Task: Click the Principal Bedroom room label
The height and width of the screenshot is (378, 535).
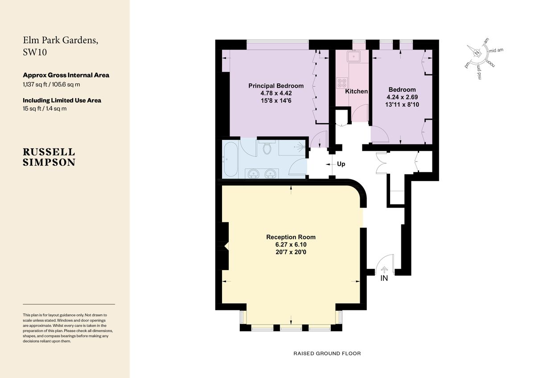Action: (276, 86)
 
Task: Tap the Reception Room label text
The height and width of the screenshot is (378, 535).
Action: (291, 237)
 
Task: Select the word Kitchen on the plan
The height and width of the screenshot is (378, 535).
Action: (357, 91)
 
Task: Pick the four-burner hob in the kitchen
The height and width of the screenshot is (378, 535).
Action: (342, 83)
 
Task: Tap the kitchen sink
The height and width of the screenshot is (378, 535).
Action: (356, 57)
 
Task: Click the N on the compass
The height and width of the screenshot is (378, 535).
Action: (477, 53)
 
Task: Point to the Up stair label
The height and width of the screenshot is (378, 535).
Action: (341, 164)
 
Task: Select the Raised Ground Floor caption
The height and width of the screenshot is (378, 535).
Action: (327, 353)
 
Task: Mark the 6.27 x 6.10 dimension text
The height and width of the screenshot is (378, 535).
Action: (291, 244)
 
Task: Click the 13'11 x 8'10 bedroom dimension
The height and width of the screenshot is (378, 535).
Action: (402, 104)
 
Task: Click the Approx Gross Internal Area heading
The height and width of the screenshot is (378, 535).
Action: (66, 75)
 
